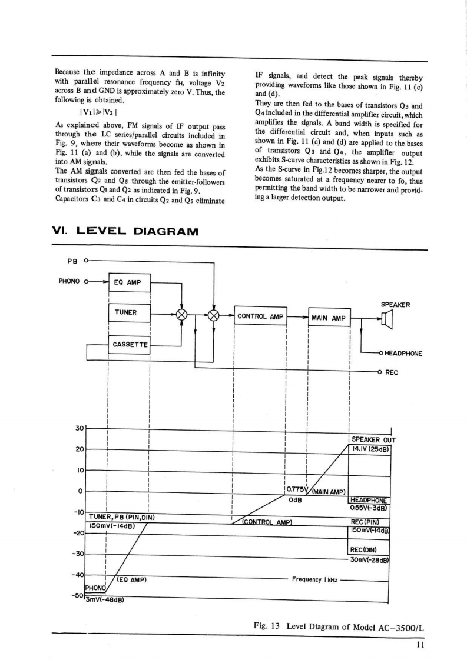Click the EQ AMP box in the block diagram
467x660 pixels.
[x=130, y=282]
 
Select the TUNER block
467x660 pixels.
[x=130, y=312]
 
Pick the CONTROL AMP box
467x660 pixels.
[x=260, y=317]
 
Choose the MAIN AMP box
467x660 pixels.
[x=329, y=318]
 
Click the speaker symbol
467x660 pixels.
[x=387, y=319]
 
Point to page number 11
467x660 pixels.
[x=419, y=644]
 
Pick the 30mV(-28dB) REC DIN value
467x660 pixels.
[x=370, y=559]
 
